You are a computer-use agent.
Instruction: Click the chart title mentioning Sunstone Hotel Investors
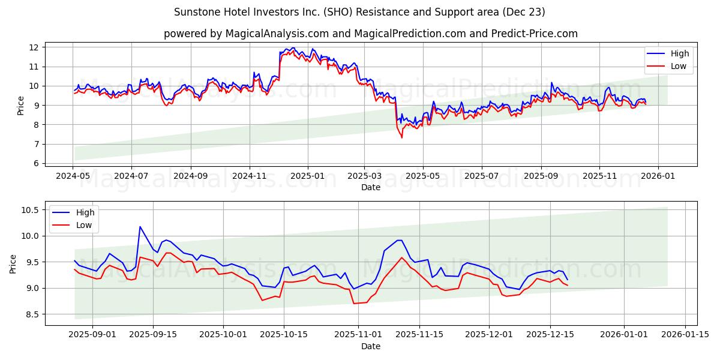(x=359, y=12)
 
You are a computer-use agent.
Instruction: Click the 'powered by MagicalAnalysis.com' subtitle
(x=370, y=34)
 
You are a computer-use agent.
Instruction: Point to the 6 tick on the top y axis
(x=37, y=163)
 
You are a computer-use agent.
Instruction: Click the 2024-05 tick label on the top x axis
(x=73, y=177)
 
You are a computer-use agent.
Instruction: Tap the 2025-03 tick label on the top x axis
(x=365, y=177)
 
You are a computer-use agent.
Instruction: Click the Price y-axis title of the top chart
(x=21, y=106)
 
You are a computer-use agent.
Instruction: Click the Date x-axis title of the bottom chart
(x=370, y=347)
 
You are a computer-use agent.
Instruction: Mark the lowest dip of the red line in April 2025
(x=402, y=137)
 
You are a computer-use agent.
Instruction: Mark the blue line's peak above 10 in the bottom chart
(x=140, y=227)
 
